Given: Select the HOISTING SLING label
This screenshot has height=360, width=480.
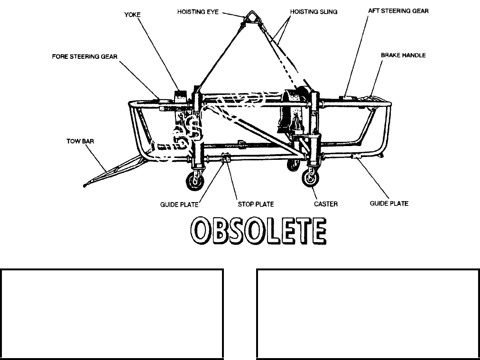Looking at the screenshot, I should coord(314,11).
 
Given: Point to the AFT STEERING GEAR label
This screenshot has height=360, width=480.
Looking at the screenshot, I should coord(398,11).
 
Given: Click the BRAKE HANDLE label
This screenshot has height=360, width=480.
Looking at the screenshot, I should coord(403,55).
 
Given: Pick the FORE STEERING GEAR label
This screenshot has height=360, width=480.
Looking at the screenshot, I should coord(85,56).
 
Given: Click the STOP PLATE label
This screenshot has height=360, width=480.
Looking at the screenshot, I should coord(256,204).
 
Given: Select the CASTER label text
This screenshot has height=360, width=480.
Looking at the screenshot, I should coord(325,204).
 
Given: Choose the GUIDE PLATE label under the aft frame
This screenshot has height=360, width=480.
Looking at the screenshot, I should coord(389,203).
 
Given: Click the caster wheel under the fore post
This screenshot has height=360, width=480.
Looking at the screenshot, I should coord(194,181).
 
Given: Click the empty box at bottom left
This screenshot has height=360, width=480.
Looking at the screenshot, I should coord(112,314).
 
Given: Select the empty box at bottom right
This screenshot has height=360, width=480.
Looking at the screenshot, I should coord(368,314).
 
